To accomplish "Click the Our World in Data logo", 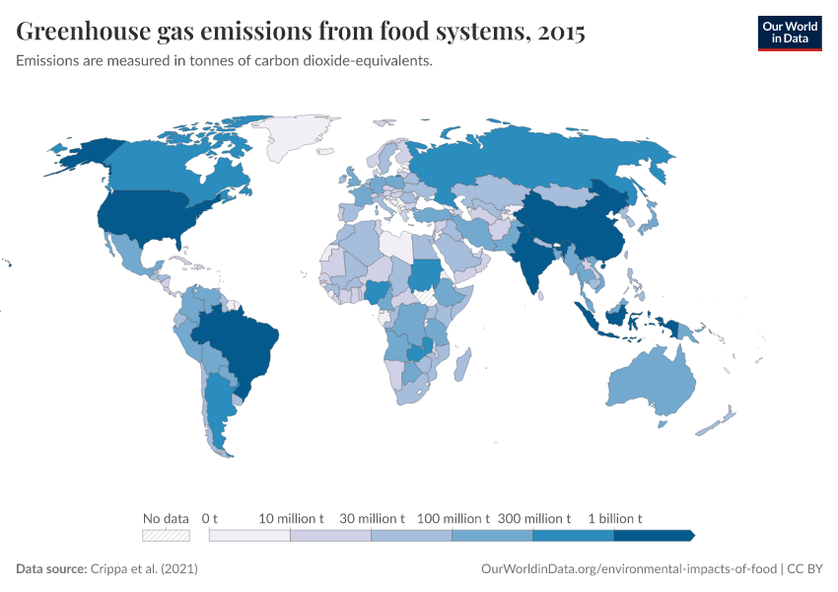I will tap(789, 33).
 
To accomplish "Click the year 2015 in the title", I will tap(559, 33).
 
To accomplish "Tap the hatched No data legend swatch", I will tap(166, 536).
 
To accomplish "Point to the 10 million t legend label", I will tap(291, 518).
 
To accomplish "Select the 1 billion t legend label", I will tap(615, 518).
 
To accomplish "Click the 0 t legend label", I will tap(209, 518).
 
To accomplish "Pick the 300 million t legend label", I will tap(533, 518).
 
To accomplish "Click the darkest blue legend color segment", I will tap(653, 536).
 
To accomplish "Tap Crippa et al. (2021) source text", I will tap(144, 569).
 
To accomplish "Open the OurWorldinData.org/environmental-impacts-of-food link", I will tap(629, 569).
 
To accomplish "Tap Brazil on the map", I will tap(242, 340).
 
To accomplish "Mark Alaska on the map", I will tap(84, 153).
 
